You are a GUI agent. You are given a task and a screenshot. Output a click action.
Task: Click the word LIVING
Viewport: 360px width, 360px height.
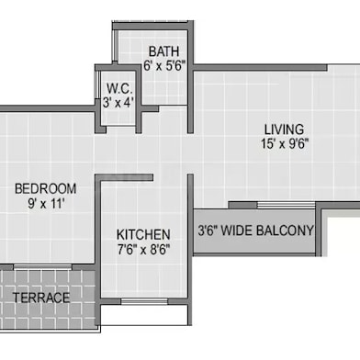pos(285,129)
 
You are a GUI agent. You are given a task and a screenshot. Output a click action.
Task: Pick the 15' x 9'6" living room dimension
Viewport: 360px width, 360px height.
pos(285,144)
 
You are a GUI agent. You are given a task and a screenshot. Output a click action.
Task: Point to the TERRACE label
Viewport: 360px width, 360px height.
pos(42,298)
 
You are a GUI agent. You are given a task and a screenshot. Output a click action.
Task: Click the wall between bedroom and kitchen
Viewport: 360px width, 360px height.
pos(97,239)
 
